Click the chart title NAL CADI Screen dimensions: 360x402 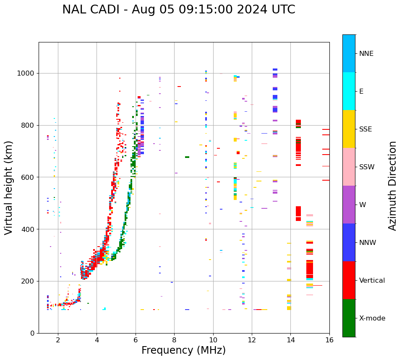178,10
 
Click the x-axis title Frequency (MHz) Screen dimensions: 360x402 183,350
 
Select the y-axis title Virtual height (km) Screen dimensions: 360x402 9,187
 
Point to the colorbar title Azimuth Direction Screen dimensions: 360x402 392,185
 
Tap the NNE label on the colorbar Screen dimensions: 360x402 366,54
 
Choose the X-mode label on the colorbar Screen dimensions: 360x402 372,318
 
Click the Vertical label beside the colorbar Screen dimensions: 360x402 372,281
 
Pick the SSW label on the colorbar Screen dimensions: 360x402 367,167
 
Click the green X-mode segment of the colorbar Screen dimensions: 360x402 349,318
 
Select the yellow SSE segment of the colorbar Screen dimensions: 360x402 349,129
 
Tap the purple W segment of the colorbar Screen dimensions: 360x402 349,205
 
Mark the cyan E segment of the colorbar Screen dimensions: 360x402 349,91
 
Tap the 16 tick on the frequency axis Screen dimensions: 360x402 329,339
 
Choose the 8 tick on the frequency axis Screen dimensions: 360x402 174,339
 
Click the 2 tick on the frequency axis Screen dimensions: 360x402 58,339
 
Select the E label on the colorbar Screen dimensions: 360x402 361,92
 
